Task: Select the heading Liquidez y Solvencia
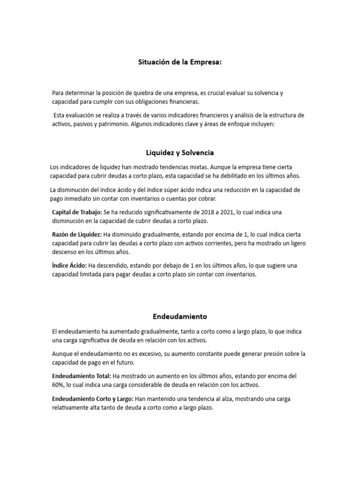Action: click(x=180, y=152)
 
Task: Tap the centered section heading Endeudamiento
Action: click(x=180, y=316)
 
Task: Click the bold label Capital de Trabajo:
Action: click(x=77, y=212)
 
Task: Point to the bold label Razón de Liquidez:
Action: click(x=77, y=234)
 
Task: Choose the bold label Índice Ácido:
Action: click(x=69, y=266)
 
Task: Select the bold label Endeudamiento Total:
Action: click(x=82, y=376)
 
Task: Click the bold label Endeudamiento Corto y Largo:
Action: click(x=93, y=399)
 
